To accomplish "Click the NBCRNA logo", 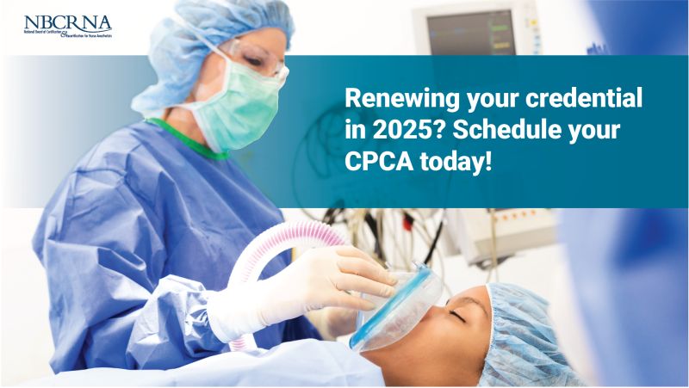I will (67, 25).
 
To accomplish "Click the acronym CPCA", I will (376, 160).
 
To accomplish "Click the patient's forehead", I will (478, 301).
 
